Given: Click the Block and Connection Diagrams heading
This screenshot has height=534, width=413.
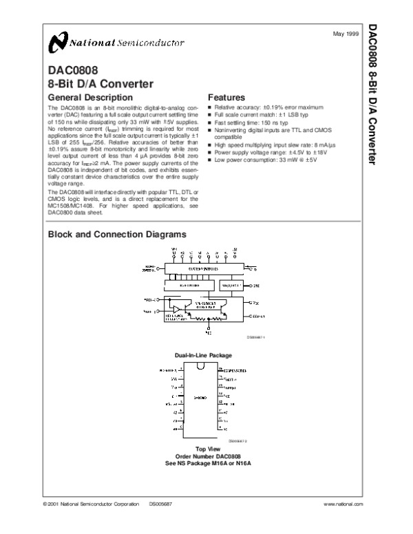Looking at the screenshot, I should pos(116,234).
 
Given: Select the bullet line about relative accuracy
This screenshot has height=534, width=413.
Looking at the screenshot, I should pos(268,108).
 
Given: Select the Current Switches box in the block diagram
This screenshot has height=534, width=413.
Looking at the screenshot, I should pos(202,269).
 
